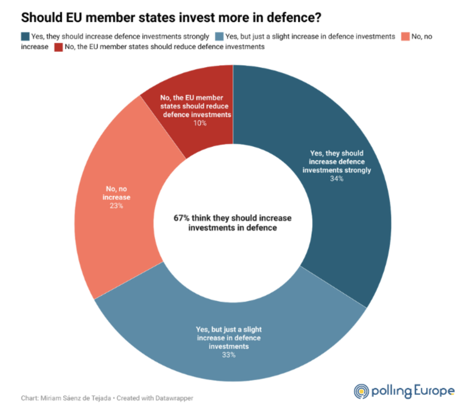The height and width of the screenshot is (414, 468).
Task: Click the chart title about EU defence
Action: point(171,18)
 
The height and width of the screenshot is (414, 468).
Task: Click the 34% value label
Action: point(336,179)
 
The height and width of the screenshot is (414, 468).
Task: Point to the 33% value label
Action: point(229,355)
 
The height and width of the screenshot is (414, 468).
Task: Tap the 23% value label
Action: point(116,206)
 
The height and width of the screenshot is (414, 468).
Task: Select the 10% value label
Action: point(200,123)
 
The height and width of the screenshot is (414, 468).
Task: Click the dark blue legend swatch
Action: point(25,37)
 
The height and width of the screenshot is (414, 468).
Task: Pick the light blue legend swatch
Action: point(219,37)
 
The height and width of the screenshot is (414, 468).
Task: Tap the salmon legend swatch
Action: point(405,37)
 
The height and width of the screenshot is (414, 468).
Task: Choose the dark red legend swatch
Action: point(58,47)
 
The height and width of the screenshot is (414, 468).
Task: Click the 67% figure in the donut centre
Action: point(181,218)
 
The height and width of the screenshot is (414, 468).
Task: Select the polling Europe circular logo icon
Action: point(361,391)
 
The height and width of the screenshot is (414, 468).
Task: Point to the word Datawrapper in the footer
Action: point(174,398)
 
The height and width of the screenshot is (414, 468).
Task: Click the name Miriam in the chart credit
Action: point(51,398)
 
